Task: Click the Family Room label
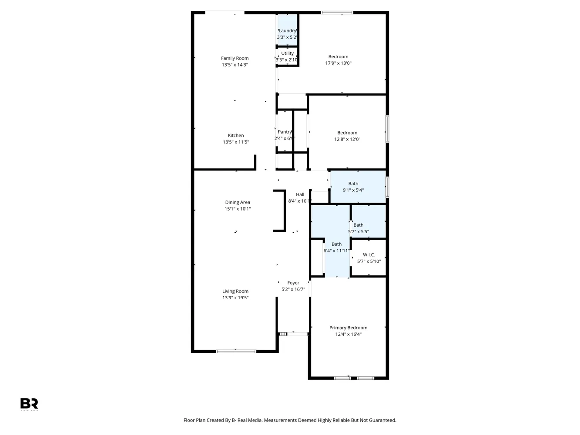[235, 58]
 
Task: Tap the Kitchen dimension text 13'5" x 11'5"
[236, 142]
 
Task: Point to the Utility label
[287, 54]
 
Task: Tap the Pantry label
[285, 132]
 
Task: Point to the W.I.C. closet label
[369, 255]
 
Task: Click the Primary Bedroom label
[348, 328]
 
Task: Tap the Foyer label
[293, 283]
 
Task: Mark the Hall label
[300, 195]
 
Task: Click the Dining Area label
[238, 203]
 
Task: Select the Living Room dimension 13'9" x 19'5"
[235, 298]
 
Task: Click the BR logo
[29, 403]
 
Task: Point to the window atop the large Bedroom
[337, 13]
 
